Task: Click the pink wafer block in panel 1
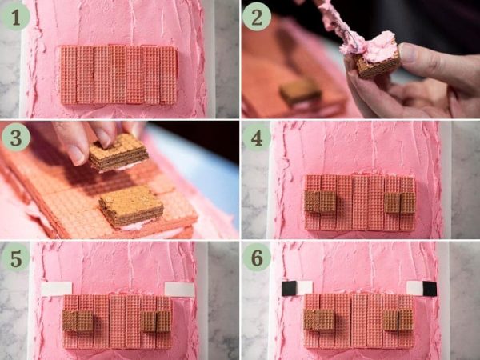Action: tap(118, 74)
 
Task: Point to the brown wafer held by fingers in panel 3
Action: tap(118, 152)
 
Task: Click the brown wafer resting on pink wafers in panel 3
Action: tap(131, 206)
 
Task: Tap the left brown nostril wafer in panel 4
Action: tap(320, 202)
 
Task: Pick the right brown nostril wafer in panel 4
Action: tap(400, 202)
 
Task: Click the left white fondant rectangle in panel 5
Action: tap(57, 289)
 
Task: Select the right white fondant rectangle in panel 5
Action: tap(179, 290)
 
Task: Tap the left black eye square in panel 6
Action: tap(289, 288)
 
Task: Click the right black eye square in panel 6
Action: tap(430, 289)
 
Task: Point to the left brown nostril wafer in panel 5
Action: tap(78, 321)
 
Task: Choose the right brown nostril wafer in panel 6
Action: tap(398, 320)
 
